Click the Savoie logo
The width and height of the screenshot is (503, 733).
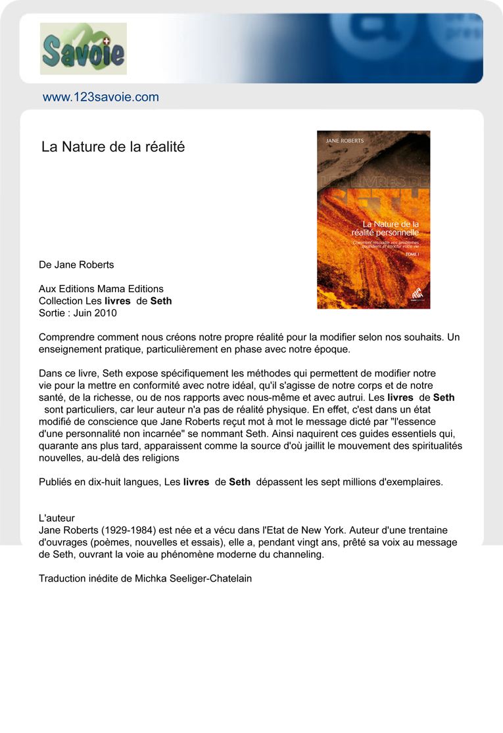84,49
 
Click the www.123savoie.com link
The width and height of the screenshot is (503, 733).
101,97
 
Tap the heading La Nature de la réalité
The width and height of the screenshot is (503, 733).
113,147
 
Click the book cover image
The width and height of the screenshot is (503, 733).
373,219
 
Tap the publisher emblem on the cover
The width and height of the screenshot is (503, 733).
416,295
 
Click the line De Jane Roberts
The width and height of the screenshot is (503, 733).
76,265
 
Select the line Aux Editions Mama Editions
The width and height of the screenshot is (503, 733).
101,289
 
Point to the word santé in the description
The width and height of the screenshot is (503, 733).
53,397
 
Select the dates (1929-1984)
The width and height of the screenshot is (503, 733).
129,530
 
